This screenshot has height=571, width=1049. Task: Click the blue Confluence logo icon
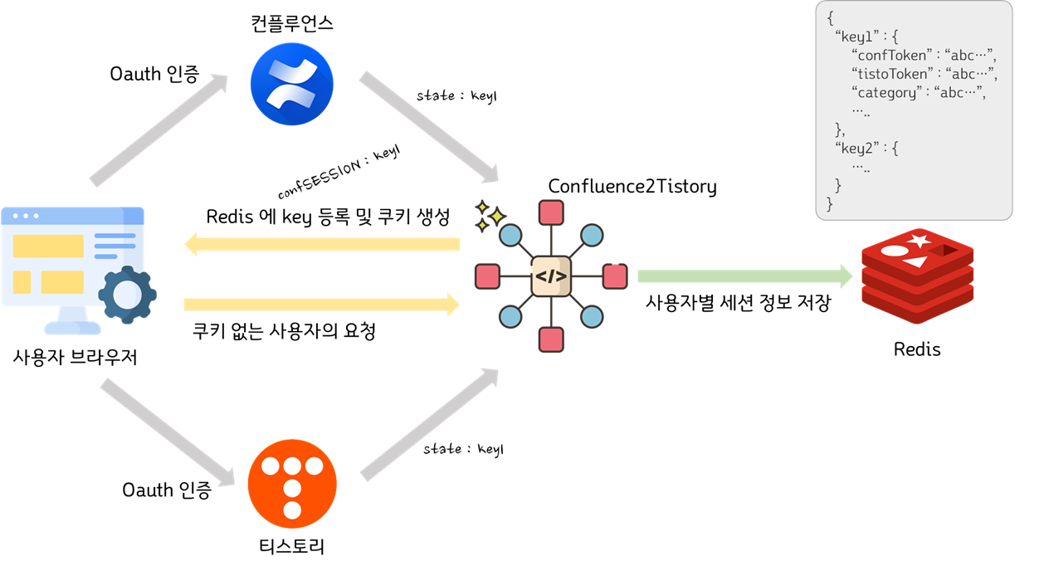(x=291, y=85)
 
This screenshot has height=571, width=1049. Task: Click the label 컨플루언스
(x=291, y=22)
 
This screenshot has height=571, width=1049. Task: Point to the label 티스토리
(x=291, y=547)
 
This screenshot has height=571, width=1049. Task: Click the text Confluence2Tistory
(x=632, y=187)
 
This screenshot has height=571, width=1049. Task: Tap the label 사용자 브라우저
(x=76, y=358)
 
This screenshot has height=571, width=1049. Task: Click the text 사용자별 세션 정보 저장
(x=738, y=303)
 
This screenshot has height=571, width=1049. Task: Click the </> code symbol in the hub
(x=551, y=276)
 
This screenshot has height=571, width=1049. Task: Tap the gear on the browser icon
(x=127, y=294)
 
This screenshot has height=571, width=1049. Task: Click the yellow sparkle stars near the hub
(x=490, y=215)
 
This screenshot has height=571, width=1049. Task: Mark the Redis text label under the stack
(x=917, y=349)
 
